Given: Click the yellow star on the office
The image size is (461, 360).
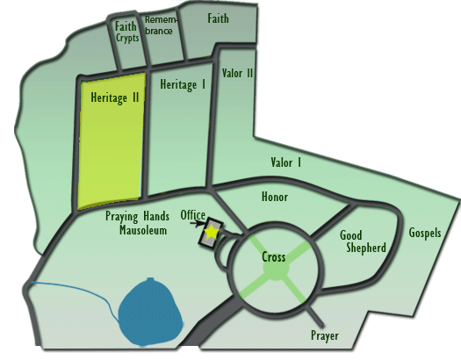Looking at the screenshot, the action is [211, 232].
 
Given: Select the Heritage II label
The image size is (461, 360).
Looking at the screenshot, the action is [115, 97].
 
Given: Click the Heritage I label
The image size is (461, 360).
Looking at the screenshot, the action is [183, 84].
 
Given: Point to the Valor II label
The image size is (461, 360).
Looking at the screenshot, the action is [238, 73].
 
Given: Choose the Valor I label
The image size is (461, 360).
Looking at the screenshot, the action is [286, 162].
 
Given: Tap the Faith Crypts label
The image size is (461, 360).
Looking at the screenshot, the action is [126, 32].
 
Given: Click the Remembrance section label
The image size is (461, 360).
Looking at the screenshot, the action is [161, 25].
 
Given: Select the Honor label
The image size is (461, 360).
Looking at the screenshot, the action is [275, 197].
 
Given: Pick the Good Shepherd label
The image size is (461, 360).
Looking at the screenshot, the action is [363, 241].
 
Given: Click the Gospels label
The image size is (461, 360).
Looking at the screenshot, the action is [425, 233].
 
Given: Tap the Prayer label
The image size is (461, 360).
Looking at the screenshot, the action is [325, 335].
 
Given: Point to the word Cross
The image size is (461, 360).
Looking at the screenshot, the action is [274, 257].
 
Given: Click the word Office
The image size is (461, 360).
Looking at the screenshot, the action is [193, 215].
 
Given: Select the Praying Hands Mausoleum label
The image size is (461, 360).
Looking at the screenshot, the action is [137, 223].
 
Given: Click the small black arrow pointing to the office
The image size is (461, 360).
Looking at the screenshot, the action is [197, 223].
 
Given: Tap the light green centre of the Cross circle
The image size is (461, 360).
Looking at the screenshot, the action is [276, 269].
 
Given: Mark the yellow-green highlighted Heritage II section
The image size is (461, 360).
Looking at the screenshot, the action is [111, 141].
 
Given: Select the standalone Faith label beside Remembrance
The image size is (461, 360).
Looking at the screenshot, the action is [218, 18].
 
